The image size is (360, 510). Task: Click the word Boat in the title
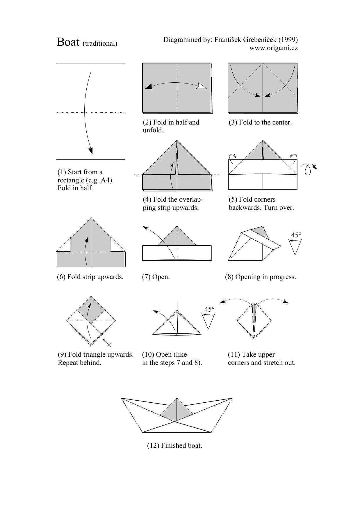coord(68,42)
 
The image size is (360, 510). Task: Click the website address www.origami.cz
coord(273,48)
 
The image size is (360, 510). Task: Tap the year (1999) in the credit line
coord(288,40)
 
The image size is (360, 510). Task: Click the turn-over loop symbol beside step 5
coord(309,169)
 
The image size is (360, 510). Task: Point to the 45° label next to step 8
coord(296,235)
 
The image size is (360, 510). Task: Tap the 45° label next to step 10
coord(209,309)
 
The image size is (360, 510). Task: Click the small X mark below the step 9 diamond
coord(109,345)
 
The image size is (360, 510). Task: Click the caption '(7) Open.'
coord(156,277)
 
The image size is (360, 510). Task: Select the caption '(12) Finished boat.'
coord(174,445)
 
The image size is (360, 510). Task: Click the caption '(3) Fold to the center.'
coord(260,122)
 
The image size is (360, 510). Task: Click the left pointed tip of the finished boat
coord(121,398)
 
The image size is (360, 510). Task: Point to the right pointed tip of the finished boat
coord(232,398)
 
